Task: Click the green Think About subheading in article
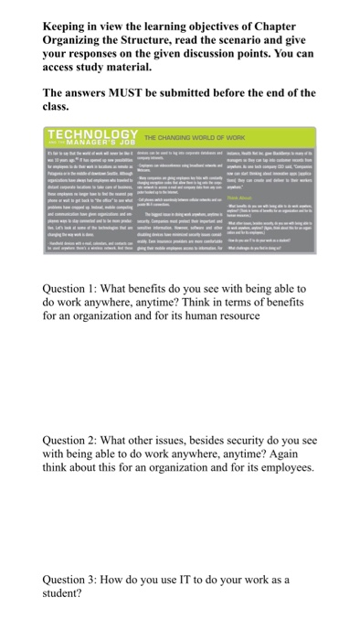point(249,197)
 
